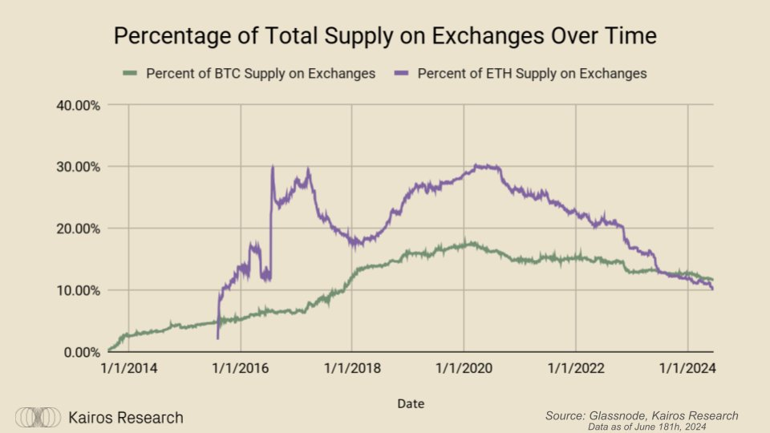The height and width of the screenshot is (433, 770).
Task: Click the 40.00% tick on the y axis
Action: (78, 104)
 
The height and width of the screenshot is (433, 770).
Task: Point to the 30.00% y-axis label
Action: (78, 166)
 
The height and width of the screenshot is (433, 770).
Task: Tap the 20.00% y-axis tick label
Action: (78, 228)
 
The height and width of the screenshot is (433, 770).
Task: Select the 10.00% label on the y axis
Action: (78, 289)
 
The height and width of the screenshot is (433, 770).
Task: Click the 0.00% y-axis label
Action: (81, 351)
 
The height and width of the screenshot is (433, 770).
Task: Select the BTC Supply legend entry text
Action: (260, 74)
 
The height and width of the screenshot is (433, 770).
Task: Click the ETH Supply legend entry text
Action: (532, 74)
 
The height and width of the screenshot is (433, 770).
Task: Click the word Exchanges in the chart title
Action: (480, 36)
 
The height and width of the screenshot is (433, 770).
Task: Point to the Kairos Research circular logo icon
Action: (38, 418)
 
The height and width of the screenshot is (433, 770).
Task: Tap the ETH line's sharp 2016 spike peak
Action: (273, 167)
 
